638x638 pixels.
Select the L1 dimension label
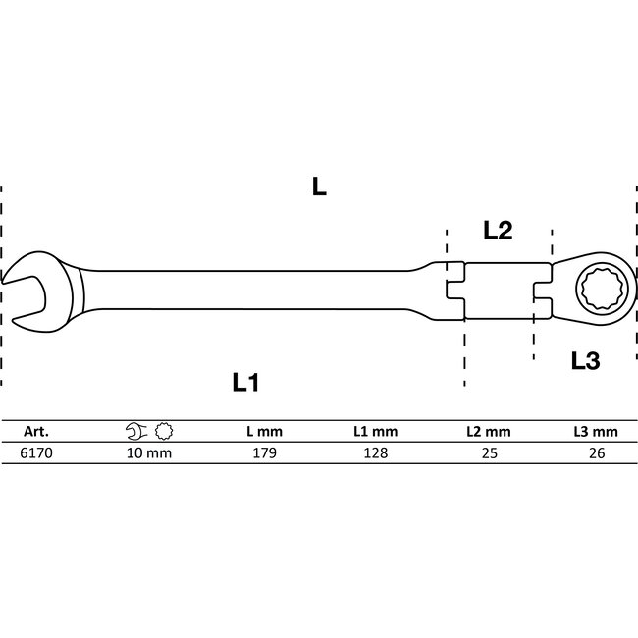coord(251,382)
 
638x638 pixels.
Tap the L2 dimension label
coord(499,232)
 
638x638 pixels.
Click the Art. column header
coord(35,431)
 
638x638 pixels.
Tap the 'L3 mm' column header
coord(596,431)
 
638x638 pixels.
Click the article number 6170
coord(35,453)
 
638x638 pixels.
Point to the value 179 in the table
coord(265,453)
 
